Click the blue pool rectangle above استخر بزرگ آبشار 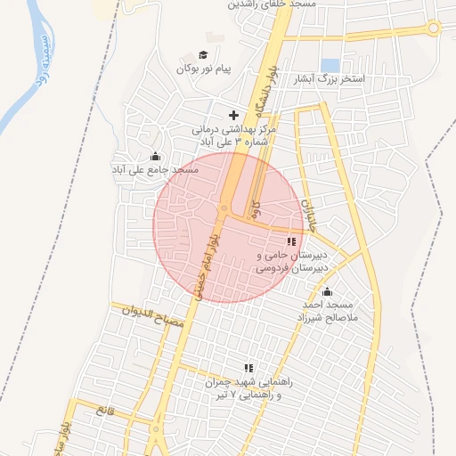[330, 65]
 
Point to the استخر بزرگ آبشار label [357, 80]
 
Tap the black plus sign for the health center [233, 115]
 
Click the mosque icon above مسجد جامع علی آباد [157, 157]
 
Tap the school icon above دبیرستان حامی [291, 241]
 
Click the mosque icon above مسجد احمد [327, 291]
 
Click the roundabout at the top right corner [434, 28]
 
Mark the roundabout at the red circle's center [223, 210]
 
